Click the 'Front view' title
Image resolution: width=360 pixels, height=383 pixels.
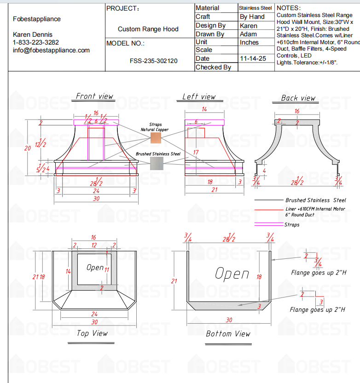click(x=94, y=96)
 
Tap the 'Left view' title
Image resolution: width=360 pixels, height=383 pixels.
click(x=199, y=97)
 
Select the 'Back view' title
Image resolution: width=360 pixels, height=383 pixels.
click(x=298, y=98)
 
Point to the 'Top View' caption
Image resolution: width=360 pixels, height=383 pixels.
click(x=93, y=333)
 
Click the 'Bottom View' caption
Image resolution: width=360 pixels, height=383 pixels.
click(x=228, y=334)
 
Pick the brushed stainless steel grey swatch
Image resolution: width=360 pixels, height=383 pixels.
click(x=157, y=163)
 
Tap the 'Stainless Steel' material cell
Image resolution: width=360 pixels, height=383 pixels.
click(x=255, y=8)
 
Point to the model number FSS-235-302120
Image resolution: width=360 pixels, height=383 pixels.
click(x=154, y=61)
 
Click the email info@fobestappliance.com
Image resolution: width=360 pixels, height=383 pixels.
click(x=51, y=50)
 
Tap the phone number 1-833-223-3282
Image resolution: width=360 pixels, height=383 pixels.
click(x=39, y=42)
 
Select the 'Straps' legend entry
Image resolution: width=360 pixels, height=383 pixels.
click(x=292, y=225)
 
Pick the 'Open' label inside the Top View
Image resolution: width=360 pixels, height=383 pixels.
click(x=95, y=267)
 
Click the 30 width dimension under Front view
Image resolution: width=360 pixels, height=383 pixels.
click(x=96, y=199)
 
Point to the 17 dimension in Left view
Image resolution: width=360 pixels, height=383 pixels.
click(x=196, y=152)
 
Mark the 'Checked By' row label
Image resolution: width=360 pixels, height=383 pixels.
click(x=213, y=67)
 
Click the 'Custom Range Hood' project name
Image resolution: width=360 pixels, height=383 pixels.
click(x=148, y=29)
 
